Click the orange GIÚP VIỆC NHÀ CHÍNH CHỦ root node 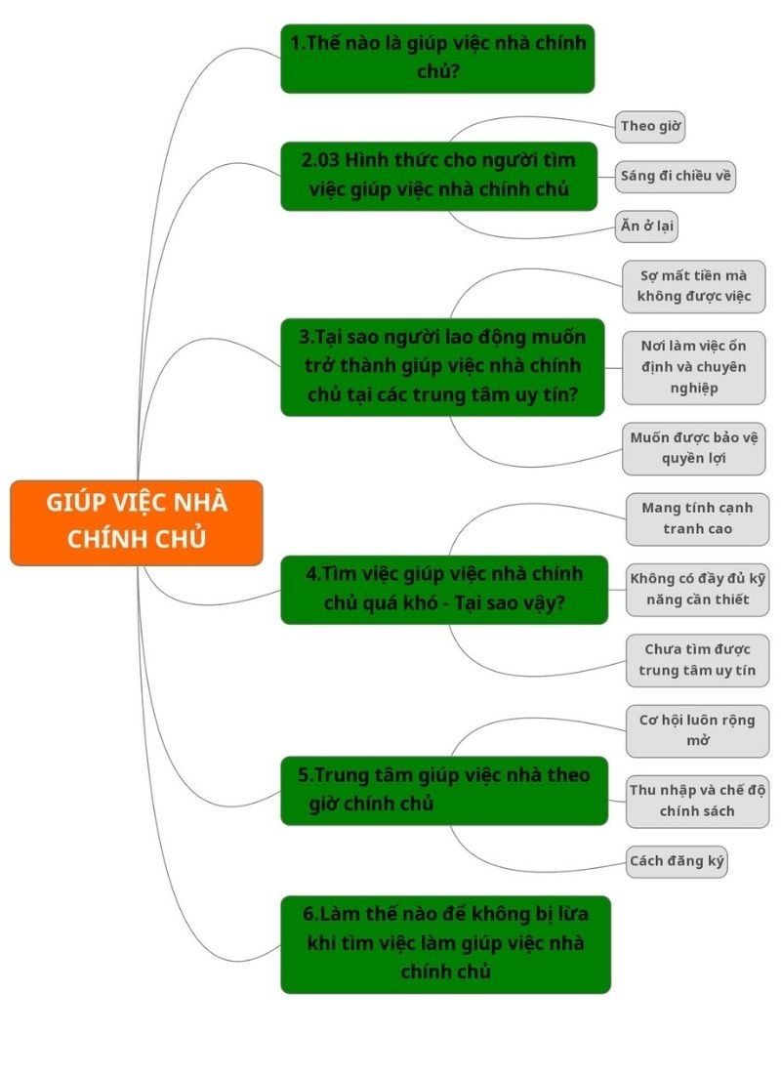point(137,522)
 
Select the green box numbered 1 point(437,59)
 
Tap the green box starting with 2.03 point(439,176)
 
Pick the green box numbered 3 point(442,366)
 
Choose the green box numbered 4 point(444,589)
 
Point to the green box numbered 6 point(445,944)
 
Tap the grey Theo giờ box point(650,127)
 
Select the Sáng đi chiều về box point(676,177)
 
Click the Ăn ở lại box point(646,227)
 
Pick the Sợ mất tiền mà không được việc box point(694,286)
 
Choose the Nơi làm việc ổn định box point(694,367)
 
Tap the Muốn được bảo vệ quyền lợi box point(694,449)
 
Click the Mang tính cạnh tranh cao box point(697,519)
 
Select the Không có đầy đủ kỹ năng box point(697,590)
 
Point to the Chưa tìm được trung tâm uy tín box point(697,660)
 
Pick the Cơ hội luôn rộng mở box point(697,731)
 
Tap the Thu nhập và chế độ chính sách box point(697,802)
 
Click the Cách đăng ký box point(677,862)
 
